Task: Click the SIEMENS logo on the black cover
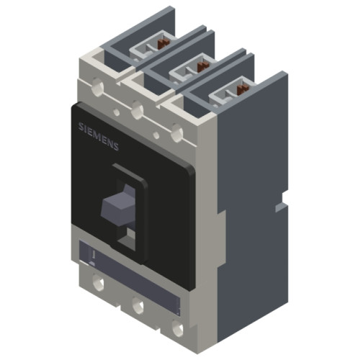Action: point(99,136)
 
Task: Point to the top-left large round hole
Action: point(97,84)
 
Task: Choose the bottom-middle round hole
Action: point(138,306)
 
